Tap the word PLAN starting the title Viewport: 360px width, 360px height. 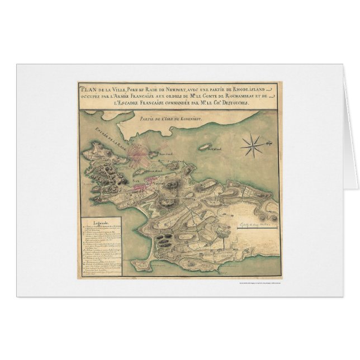click(87, 88)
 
